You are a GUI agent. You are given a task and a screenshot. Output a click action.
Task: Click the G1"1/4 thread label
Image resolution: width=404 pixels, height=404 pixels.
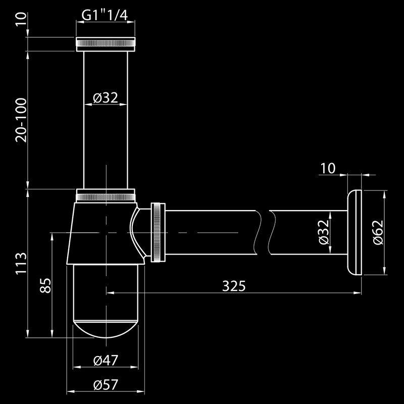[105, 15]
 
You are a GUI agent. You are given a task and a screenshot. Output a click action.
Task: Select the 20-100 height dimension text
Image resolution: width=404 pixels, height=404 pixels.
[21, 120]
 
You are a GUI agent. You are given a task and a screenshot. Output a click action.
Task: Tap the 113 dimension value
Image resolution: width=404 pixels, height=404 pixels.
[21, 263]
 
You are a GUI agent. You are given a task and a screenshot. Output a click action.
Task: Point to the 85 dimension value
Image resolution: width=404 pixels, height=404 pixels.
[45, 285]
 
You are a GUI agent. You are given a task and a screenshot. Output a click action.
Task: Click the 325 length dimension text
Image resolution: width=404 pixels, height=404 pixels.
[234, 286]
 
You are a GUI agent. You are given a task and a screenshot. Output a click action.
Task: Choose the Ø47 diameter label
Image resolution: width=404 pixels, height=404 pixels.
[106, 360]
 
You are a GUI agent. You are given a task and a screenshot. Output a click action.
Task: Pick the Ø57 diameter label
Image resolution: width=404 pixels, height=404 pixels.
[106, 385]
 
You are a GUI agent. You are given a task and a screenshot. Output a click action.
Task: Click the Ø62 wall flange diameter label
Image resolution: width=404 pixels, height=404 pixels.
[378, 232]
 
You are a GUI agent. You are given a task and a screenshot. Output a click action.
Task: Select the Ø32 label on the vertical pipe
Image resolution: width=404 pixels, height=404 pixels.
[106, 97]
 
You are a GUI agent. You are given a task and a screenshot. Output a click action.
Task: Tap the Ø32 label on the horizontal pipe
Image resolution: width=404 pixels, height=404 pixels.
[324, 232]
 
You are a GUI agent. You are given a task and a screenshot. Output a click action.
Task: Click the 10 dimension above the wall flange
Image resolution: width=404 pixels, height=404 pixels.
[328, 169]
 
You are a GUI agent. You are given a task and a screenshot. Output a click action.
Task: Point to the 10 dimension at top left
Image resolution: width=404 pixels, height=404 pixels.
[21, 19]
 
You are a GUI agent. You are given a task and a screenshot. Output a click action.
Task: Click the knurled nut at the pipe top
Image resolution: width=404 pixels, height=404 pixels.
[106, 44]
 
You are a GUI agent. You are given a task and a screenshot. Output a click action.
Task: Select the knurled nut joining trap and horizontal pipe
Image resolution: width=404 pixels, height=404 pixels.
[158, 232]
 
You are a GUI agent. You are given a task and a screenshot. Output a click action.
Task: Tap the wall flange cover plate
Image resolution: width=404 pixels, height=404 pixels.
[355, 233]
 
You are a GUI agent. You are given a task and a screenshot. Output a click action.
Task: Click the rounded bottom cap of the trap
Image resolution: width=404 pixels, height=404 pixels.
[106, 329]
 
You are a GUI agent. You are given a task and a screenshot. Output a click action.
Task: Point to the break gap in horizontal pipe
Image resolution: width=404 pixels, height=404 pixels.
[264, 232]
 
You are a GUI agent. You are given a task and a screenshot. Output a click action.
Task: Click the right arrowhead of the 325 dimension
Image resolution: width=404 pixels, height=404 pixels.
[358, 293]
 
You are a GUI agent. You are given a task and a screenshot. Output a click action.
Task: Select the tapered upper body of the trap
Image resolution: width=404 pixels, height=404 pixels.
[106, 233]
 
